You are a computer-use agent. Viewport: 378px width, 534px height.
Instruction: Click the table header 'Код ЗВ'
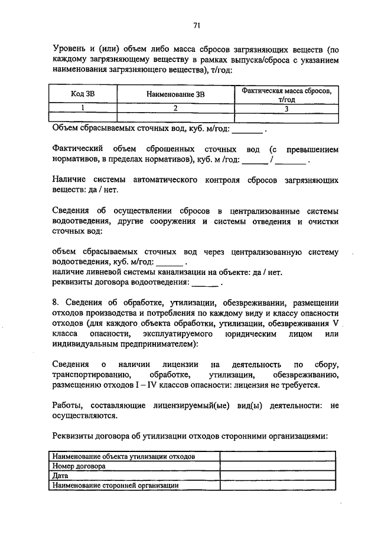click(x=82, y=95)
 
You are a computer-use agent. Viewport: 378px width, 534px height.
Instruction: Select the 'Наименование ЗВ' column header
click(x=175, y=95)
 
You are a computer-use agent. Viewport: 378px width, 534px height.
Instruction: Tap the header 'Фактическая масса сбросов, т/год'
click(x=286, y=95)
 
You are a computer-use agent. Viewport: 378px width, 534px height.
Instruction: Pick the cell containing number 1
click(x=83, y=109)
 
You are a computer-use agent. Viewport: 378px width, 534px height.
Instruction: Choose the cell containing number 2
click(x=175, y=109)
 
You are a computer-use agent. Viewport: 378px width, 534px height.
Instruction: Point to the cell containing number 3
click(x=286, y=109)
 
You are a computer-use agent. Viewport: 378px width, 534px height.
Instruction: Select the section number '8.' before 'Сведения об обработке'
click(x=56, y=303)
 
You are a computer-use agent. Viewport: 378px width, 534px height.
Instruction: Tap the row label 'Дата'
click(x=61, y=475)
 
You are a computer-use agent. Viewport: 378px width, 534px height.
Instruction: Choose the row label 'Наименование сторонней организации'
click(x=116, y=484)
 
